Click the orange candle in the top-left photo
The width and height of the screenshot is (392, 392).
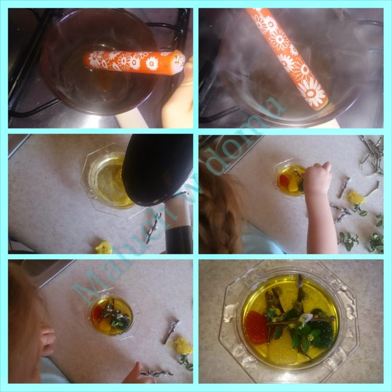click(x=135, y=61)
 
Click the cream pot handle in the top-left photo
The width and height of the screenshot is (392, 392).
click(x=131, y=121)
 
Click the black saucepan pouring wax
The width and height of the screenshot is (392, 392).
click(x=158, y=170)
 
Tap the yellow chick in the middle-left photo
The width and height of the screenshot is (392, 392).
click(x=104, y=247)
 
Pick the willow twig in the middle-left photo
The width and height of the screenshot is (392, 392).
click(x=154, y=228)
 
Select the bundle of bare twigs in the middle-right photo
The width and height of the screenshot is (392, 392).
click(x=373, y=155)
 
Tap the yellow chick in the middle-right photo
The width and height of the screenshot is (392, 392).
click(x=356, y=198)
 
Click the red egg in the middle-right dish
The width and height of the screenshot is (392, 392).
click(x=284, y=180)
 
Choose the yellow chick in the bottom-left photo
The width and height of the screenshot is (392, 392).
click(x=183, y=346)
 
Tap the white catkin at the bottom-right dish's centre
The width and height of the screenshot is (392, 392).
click(x=306, y=318)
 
